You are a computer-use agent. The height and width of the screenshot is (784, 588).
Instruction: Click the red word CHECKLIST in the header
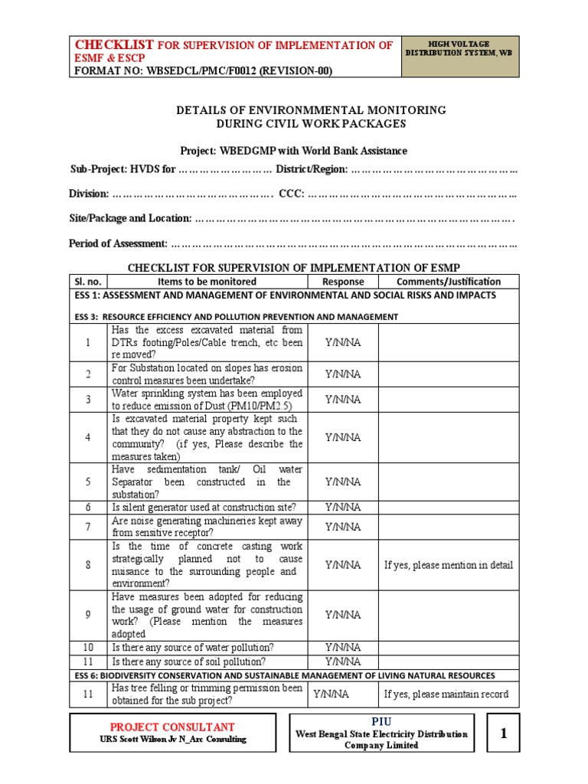[x=114, y=44]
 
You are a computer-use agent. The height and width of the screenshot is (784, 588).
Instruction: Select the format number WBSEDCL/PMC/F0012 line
[x=202, y=71]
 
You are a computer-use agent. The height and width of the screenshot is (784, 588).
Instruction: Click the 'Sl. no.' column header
[x=88, y=282]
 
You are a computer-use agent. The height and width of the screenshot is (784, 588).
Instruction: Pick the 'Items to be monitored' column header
[x=207, y=282]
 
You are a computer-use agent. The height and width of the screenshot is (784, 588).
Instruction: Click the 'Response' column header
[x=343, y=282]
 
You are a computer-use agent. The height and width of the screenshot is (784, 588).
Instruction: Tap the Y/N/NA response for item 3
[x=343, y=399]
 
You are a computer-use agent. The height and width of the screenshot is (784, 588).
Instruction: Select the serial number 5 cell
[x=88, y=482]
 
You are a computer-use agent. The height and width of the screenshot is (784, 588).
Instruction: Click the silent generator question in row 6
[x=204, y=507]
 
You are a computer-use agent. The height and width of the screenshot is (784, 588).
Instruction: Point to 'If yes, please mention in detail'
[x=449, y=565]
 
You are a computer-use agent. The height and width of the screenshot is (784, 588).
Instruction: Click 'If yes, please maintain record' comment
[x=446, y=694]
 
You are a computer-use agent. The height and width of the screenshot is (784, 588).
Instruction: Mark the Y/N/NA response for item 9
[x=343, y=615]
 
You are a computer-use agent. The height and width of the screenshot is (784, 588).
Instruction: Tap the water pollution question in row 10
[x=193, y=648]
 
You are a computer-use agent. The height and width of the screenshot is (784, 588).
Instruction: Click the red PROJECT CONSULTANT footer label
[x=172, y=727]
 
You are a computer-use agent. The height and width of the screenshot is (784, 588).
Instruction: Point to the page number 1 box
[x=503, y=733]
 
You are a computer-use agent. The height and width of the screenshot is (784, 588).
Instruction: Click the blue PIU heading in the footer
[x=381, y=721]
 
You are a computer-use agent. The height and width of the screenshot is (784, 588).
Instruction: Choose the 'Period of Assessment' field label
[x=118, y=243]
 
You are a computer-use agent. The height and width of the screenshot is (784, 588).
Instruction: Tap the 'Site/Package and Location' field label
[x=130, y=218]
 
